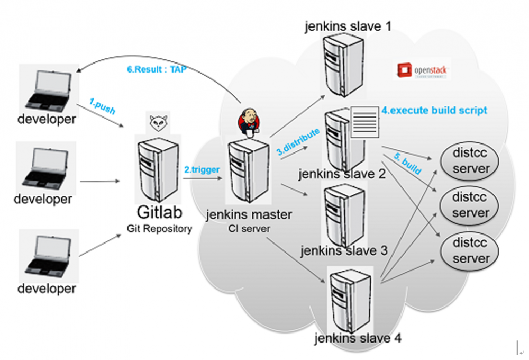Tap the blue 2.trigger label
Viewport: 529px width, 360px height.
(202, 169)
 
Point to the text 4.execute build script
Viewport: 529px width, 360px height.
(434, 111)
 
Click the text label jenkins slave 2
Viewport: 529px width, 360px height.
(342, 174)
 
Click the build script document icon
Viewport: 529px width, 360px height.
(364, 122)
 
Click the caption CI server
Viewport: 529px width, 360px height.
(248, 229)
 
